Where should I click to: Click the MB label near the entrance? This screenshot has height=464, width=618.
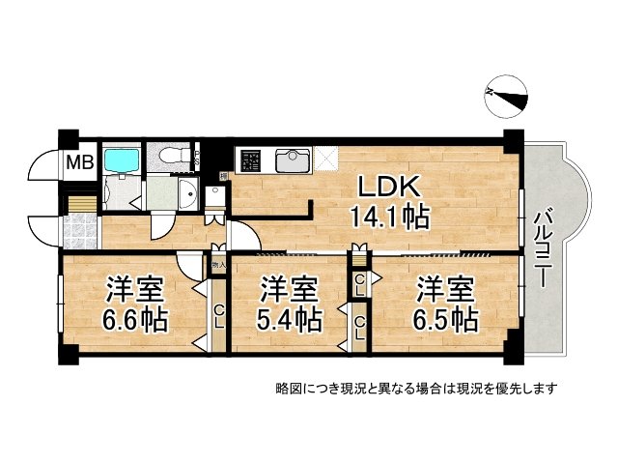[x=79, y=162]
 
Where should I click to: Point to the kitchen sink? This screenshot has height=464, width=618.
[x=293, y=160]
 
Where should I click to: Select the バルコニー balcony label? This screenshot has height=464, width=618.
[x=543, y=246]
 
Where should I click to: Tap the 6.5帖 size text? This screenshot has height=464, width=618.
[x=445, y=318]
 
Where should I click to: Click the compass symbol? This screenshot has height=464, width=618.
[x=506, y=94]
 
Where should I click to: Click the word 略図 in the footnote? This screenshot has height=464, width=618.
[x=287, y=389]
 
